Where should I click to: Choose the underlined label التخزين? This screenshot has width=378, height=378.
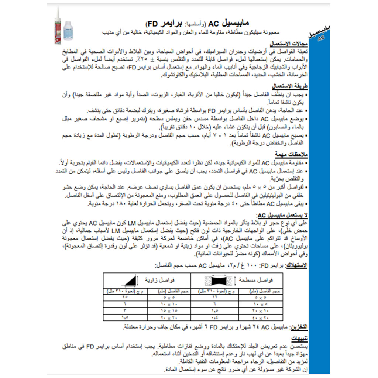point(299,327)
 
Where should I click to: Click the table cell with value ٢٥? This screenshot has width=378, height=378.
point(125,297)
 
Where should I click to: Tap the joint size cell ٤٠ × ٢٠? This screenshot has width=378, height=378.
point(260,317)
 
